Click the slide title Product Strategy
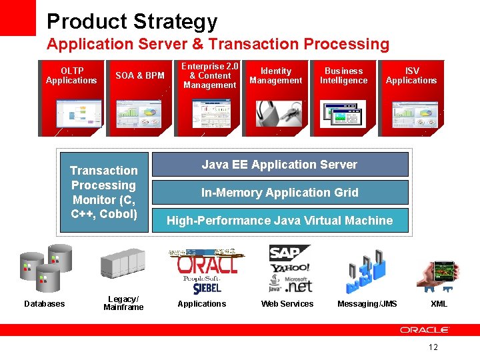[132, 21]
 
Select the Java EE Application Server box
[280, 165]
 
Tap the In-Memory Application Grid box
[280, 193]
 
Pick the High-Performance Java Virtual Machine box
[280, 221]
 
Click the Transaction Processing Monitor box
[104, 193]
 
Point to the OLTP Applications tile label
[71, 75]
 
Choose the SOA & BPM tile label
[140, 75]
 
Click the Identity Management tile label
[276, 75]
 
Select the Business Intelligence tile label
[343, 75]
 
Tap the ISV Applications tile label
[411, 75]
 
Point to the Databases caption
[45, 304]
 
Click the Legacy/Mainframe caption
[123, 303]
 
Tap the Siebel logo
[207, 288]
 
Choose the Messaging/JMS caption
[367, 304]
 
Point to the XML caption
[439, 304]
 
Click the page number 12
[433, 347]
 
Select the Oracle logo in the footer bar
[425, 330]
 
